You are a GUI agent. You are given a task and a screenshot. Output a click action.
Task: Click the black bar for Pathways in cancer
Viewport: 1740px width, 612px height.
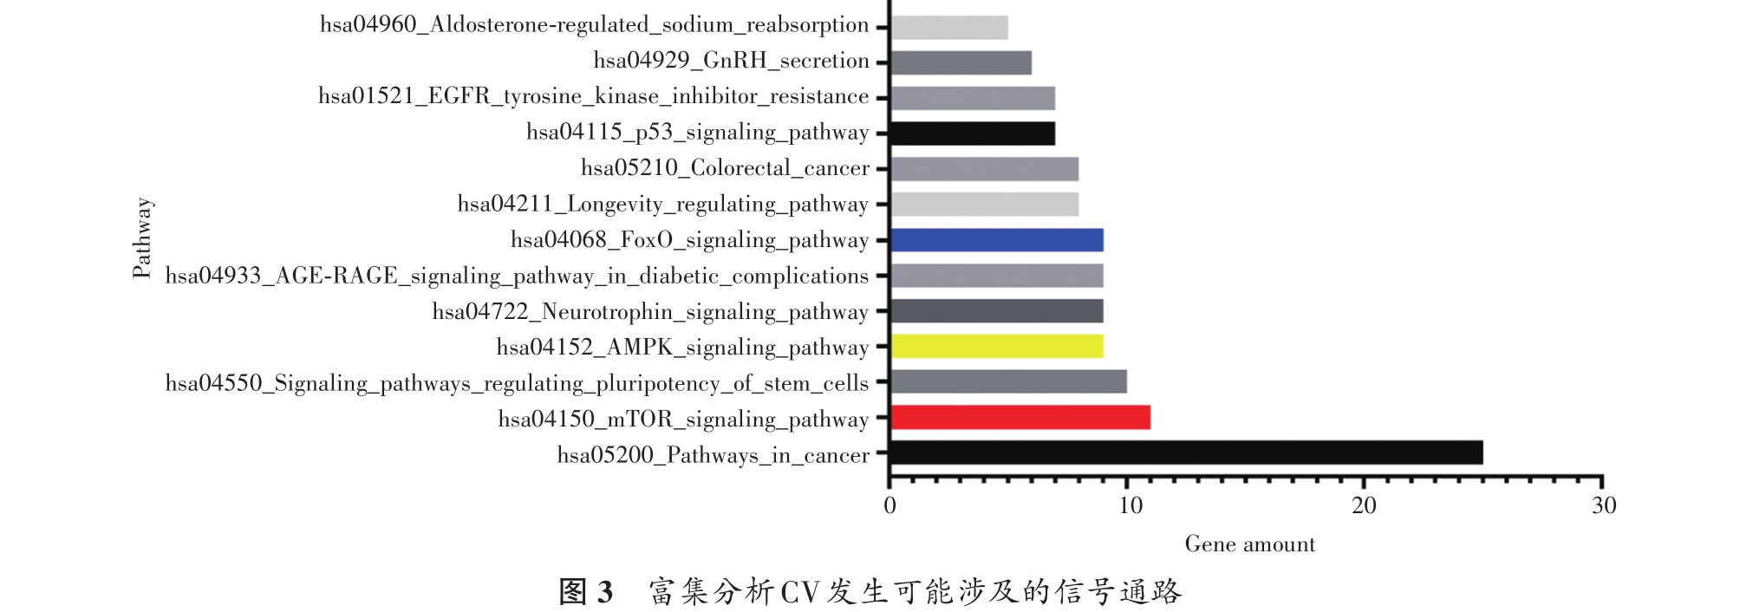(1186, 452)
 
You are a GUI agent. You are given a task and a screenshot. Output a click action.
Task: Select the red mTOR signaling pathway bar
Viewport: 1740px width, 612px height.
(1020, 418)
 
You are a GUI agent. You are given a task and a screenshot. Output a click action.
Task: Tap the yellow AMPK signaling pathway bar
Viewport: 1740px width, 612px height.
(997, 347)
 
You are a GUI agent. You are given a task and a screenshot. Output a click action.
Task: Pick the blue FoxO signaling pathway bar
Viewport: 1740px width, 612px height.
(997, 240)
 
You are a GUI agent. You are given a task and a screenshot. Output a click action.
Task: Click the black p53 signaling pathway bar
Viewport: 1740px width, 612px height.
(973, 133)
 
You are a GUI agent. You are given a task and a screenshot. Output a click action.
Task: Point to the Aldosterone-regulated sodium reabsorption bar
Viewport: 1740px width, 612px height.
(949, 28)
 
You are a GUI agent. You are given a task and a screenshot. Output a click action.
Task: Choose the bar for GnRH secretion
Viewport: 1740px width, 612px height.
(961, 63)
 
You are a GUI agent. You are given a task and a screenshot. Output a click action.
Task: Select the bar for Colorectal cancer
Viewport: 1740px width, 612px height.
(985, 169)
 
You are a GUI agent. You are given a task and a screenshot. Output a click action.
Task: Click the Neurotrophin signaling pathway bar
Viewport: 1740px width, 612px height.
(997, 311)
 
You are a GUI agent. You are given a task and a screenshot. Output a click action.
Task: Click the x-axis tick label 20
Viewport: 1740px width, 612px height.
(1364, 506)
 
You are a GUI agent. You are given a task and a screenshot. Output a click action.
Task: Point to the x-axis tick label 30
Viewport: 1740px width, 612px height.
(1603, 506)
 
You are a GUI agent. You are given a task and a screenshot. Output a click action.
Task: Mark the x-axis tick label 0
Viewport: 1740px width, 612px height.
(890, 506)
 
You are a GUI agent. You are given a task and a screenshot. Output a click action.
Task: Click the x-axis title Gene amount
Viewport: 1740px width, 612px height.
(1249, 544)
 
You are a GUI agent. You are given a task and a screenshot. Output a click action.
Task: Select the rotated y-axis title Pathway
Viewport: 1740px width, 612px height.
(142, 238)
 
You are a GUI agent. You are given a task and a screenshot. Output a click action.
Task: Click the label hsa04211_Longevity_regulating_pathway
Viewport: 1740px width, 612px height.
(663, 205)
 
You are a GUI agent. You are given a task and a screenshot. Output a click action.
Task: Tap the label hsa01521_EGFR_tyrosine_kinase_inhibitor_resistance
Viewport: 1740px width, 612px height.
(594, 97)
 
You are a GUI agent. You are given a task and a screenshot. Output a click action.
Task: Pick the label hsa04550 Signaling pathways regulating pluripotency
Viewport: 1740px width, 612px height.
(518, 383)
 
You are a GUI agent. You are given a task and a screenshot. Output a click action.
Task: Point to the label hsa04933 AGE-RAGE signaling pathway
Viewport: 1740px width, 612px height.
(518, 277)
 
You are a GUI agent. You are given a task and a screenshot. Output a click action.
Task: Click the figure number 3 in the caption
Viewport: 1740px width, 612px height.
(604, 593)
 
